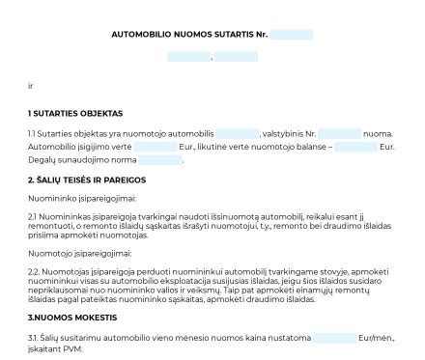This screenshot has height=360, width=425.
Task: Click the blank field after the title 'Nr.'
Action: (291, 35)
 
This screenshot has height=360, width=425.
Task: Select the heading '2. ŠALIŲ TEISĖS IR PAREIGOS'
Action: (87, 180)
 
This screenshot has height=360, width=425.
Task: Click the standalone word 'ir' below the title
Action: (31, 86)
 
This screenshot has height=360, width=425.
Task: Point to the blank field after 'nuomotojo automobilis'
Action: (237, 133)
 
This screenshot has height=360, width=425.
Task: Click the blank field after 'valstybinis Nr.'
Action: (339, 133)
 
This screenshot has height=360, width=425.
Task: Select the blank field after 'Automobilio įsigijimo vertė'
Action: (156, 147)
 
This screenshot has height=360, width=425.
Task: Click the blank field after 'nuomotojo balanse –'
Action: (356, 147)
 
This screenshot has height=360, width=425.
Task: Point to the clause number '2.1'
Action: (34, 216)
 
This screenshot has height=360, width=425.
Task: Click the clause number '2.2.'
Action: (36, 271)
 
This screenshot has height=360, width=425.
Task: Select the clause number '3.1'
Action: (34, 338)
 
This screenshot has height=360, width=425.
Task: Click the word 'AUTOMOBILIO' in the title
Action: (144, 35)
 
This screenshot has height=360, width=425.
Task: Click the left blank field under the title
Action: (188, 57)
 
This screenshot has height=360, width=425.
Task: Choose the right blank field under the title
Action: (236, 57)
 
